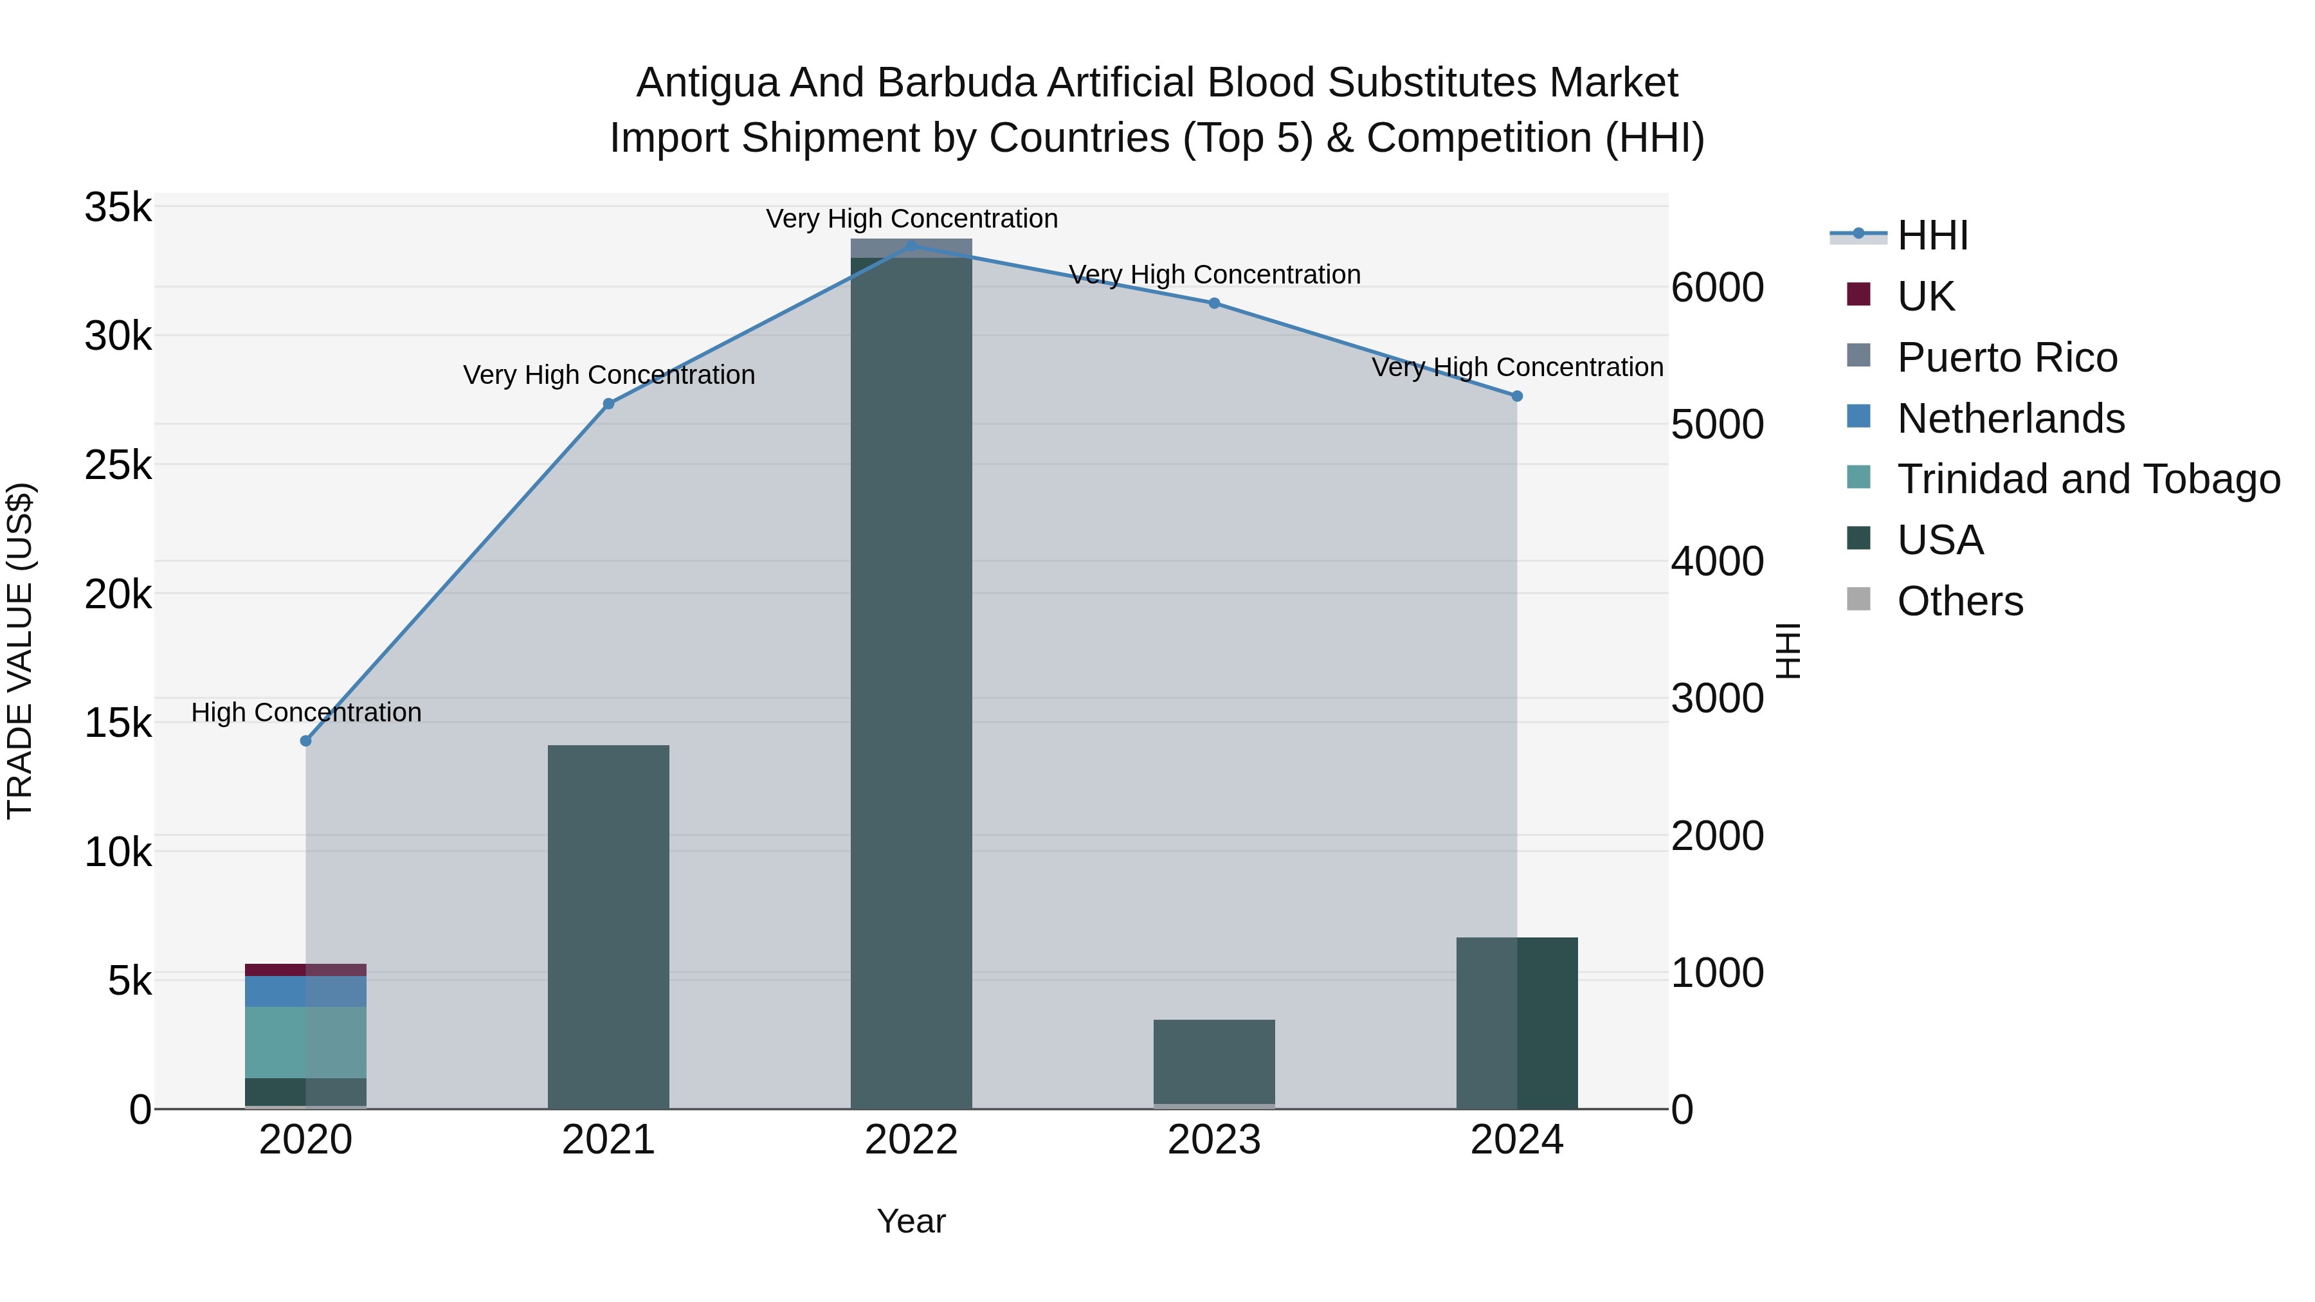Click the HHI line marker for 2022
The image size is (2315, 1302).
tap(911, 246)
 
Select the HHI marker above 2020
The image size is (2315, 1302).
tap(305, 741)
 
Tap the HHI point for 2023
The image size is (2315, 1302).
tap(1214, 303)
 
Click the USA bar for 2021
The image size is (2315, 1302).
tap(608, 925)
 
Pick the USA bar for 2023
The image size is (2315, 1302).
tap(1214, 1060)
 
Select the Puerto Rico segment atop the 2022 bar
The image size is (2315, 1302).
tap(911, 248)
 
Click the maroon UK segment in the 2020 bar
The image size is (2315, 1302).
tap(305, 970)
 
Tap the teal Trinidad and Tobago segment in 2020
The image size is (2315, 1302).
tap(305, 1042)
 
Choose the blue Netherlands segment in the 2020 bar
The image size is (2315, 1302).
tap(305, 991)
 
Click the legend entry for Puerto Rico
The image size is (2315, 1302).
tap(2007, 357)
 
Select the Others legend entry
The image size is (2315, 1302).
tap(1959, 601)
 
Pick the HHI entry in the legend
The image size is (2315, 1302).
tap(1932, 235)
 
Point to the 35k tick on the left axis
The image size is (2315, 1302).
tap(118, 208)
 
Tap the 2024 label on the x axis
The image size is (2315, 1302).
tap(1517, 1140)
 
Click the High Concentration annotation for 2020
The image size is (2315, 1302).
tap(305, 712)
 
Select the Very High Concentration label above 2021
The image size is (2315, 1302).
tap(608, 375)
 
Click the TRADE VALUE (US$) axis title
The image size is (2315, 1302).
tap(20, 651)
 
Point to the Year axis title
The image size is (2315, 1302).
tap(911, 1221)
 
